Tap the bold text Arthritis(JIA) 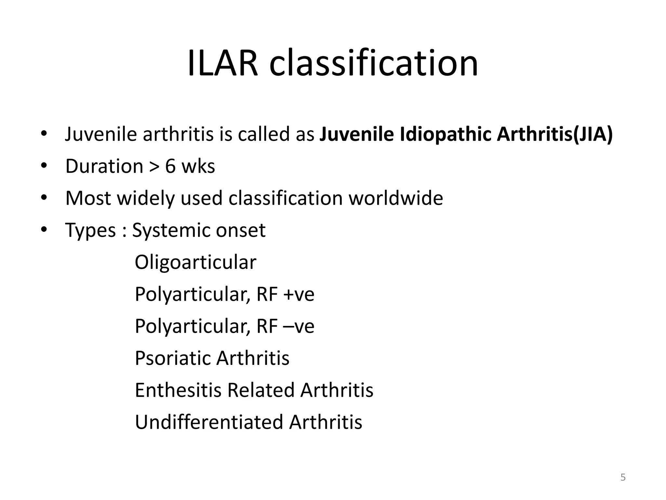554,134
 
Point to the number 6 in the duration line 170,166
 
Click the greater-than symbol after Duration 154,167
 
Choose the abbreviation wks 198,166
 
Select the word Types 90,230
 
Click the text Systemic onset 199,230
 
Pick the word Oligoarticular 195,262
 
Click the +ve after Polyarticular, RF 299,294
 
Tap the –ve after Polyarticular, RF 299,326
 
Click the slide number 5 623,477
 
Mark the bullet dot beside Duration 44,166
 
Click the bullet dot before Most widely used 44,198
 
